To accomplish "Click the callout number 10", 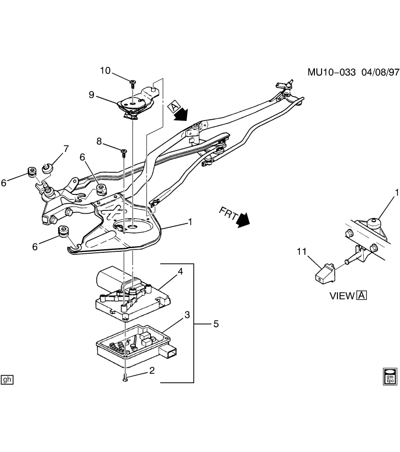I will [105, 71].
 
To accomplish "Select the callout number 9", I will [92, 95].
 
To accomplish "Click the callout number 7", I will [65, 149].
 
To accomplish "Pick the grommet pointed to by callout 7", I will [47, 167].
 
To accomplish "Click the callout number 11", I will [302, 252].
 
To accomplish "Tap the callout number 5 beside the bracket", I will [216, 324].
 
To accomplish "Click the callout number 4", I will [180, 271].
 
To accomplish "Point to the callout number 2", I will [152, 371].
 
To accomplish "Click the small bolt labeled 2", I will [125, 378].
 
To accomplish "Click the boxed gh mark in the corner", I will [7, 379].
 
